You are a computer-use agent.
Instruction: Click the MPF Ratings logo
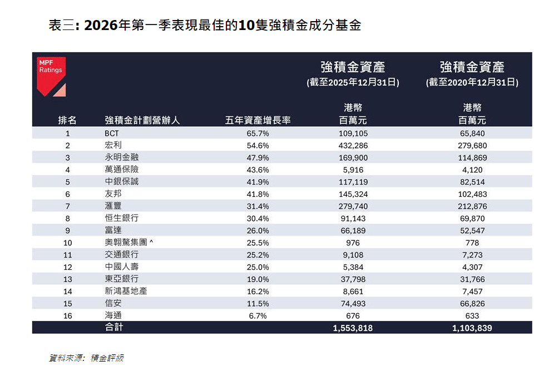click(x=51, y=75)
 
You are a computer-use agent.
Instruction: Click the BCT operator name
click(x=112, y=133)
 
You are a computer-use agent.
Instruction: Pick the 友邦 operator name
click(x=113, y=194)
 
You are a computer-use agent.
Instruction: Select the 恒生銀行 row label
click(x=121, y=219)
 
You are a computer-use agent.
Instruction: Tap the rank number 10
click(x=67, y=243)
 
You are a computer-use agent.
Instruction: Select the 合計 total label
click(x=114, y=328)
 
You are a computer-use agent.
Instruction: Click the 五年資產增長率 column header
click(x=258, y=120)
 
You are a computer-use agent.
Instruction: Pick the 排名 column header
click(x=67, y=120)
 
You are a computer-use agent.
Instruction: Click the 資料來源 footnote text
click(x=86, y=358)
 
